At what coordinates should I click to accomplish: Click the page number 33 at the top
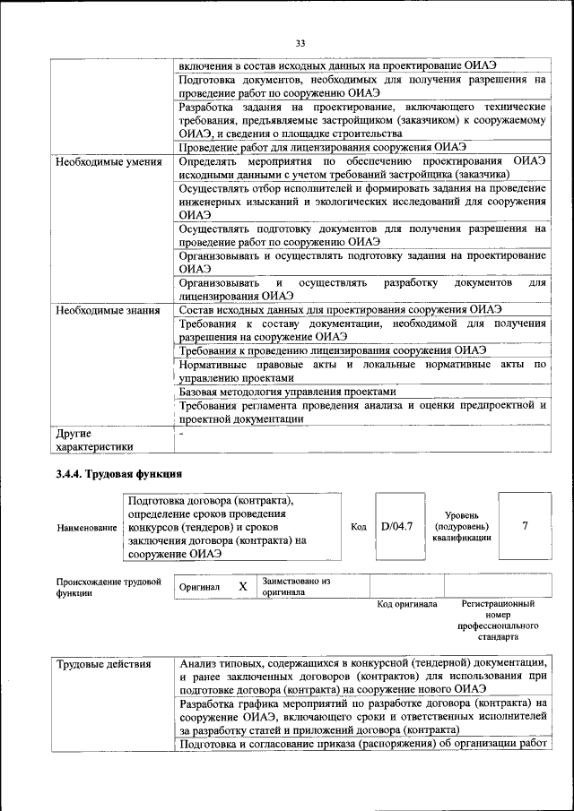click(x=300, y=42)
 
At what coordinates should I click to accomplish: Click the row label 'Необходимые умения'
click(x=109, y=162)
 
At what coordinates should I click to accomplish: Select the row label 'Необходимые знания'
click(x=109, y=311)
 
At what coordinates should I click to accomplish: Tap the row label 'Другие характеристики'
click(x=94, y=439)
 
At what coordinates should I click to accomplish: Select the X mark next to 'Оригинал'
click(x=242, y=586)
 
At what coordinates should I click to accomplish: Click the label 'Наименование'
click(x=86, y=528)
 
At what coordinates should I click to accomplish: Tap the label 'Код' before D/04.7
click(x=359, y=527)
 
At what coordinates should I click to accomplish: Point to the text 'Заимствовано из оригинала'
click(x=296, y=586)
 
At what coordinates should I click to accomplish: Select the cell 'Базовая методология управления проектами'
click(x=286, y=392)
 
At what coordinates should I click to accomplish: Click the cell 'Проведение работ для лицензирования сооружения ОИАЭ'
click(x=322, y=147)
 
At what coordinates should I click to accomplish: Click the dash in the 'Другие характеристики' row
click(x=181, y=434)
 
